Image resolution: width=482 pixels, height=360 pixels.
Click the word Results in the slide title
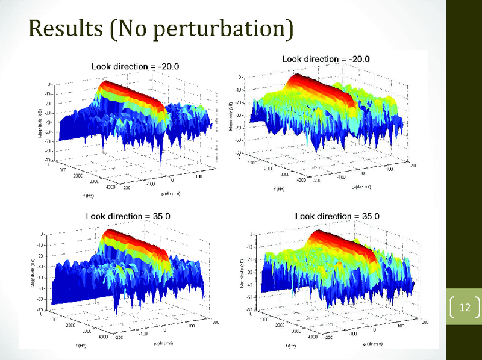tap(64, 28)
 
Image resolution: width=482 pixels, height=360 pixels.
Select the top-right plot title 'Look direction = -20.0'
tap(325, 59)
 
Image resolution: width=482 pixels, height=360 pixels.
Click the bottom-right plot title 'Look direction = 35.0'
tap(329, 216)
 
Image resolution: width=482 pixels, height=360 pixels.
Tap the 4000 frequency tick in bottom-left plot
tap(104, 337)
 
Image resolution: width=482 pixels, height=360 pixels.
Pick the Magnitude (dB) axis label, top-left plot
tap(40, 123)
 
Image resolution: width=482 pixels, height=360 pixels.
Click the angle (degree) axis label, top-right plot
tap(363, 187)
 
